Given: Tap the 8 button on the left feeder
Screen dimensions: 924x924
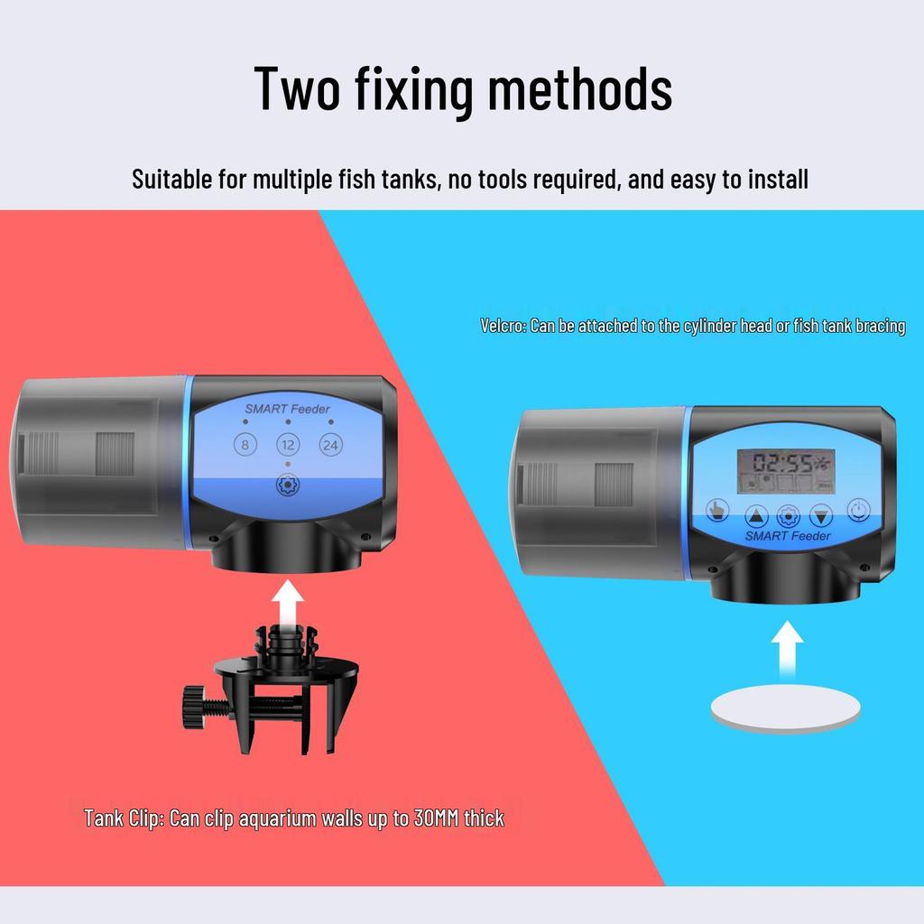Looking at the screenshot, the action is pyautogui.click(x=245, y=444).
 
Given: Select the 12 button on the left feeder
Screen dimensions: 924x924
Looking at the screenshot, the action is pyautogui.click(x=288, y=444).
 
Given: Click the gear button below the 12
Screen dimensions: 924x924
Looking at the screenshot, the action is pyautogui.click(x=288, y=485).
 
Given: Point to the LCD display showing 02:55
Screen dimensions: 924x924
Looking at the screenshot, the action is pyautogui.click(x=786, y=471).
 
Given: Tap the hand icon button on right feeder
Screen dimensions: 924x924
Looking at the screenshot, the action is pyautogui.click(x=717, y=511).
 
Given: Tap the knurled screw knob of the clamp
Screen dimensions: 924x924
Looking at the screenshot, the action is pyautogui.click(x=191, y=707).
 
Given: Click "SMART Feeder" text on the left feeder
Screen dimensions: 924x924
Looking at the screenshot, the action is pyautogui.click(x=287, y=409).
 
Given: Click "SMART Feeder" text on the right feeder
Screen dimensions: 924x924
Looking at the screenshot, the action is pyautogui.click(x=788, y=536).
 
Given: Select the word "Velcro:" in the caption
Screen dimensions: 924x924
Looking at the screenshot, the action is pyautogui.click(x=504, y=326).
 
